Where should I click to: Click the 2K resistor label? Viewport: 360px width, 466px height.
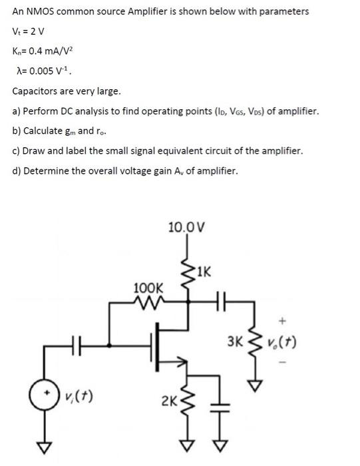(x=168, y=402)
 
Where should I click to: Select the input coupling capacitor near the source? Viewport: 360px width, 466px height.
(x=77, y=346)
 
